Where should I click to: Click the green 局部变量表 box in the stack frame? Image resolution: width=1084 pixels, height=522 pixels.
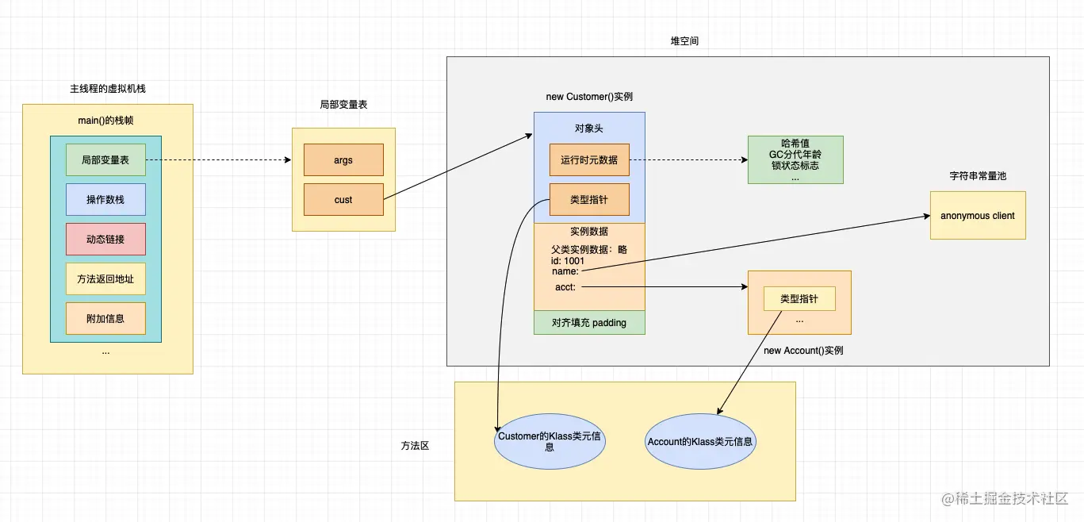point(105,160)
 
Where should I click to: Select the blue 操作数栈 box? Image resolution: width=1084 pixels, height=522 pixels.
point(105,200)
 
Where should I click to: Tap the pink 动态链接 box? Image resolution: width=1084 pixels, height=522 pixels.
point(105,240)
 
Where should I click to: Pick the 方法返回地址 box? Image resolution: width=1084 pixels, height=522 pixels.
point(105,279)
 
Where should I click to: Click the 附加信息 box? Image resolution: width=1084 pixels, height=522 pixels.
point(105,319)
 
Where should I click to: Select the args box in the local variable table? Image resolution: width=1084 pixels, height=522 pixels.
point(343,160)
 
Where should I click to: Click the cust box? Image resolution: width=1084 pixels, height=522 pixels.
point(343,200)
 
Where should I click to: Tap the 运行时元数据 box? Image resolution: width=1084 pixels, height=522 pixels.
point(589,160)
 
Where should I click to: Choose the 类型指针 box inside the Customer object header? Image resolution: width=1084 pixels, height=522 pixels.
point(589,200)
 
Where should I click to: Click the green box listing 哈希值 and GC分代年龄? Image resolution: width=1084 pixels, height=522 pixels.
point(795,160)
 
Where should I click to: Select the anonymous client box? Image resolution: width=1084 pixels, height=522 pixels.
point(978,216)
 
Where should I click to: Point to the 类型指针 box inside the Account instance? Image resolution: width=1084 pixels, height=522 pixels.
point(799,299)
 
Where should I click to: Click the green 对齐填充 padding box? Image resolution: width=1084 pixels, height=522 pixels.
point(589,323)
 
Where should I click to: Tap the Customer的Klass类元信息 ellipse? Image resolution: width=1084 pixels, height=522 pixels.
point(550,442)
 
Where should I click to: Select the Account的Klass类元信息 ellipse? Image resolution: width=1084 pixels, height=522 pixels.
point(700,442)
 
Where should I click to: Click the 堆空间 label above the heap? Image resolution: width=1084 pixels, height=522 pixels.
point(684,41)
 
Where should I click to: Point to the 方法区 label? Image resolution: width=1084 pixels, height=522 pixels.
point(415,447)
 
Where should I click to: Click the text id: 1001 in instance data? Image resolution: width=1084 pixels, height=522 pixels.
point(568,261)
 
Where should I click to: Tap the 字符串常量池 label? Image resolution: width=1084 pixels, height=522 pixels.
point(978,176)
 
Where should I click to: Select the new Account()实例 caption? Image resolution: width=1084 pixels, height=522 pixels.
point(803,351)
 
